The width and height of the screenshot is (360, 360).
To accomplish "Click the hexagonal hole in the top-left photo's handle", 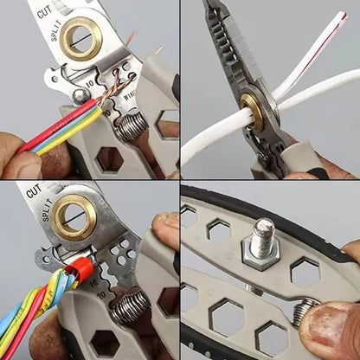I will point(110,157).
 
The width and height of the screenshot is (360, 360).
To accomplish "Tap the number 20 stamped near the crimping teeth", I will point(103,293).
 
